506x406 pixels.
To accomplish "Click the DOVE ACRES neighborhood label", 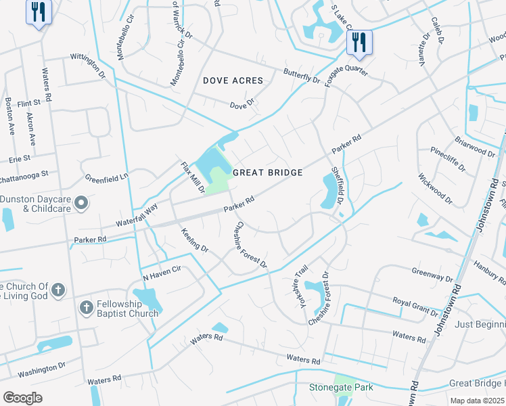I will (233, 81).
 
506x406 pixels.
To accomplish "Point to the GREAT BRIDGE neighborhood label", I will (267, 173).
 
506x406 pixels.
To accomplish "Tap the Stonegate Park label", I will (341, 388).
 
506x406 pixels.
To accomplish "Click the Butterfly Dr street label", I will (302, 75).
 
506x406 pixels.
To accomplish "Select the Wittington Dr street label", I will (83, 65).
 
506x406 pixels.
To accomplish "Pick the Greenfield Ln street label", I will (106, 178).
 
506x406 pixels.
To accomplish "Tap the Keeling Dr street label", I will (194, 240).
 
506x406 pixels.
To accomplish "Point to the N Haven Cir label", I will (162, 273).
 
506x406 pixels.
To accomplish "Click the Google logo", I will (22, 398).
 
